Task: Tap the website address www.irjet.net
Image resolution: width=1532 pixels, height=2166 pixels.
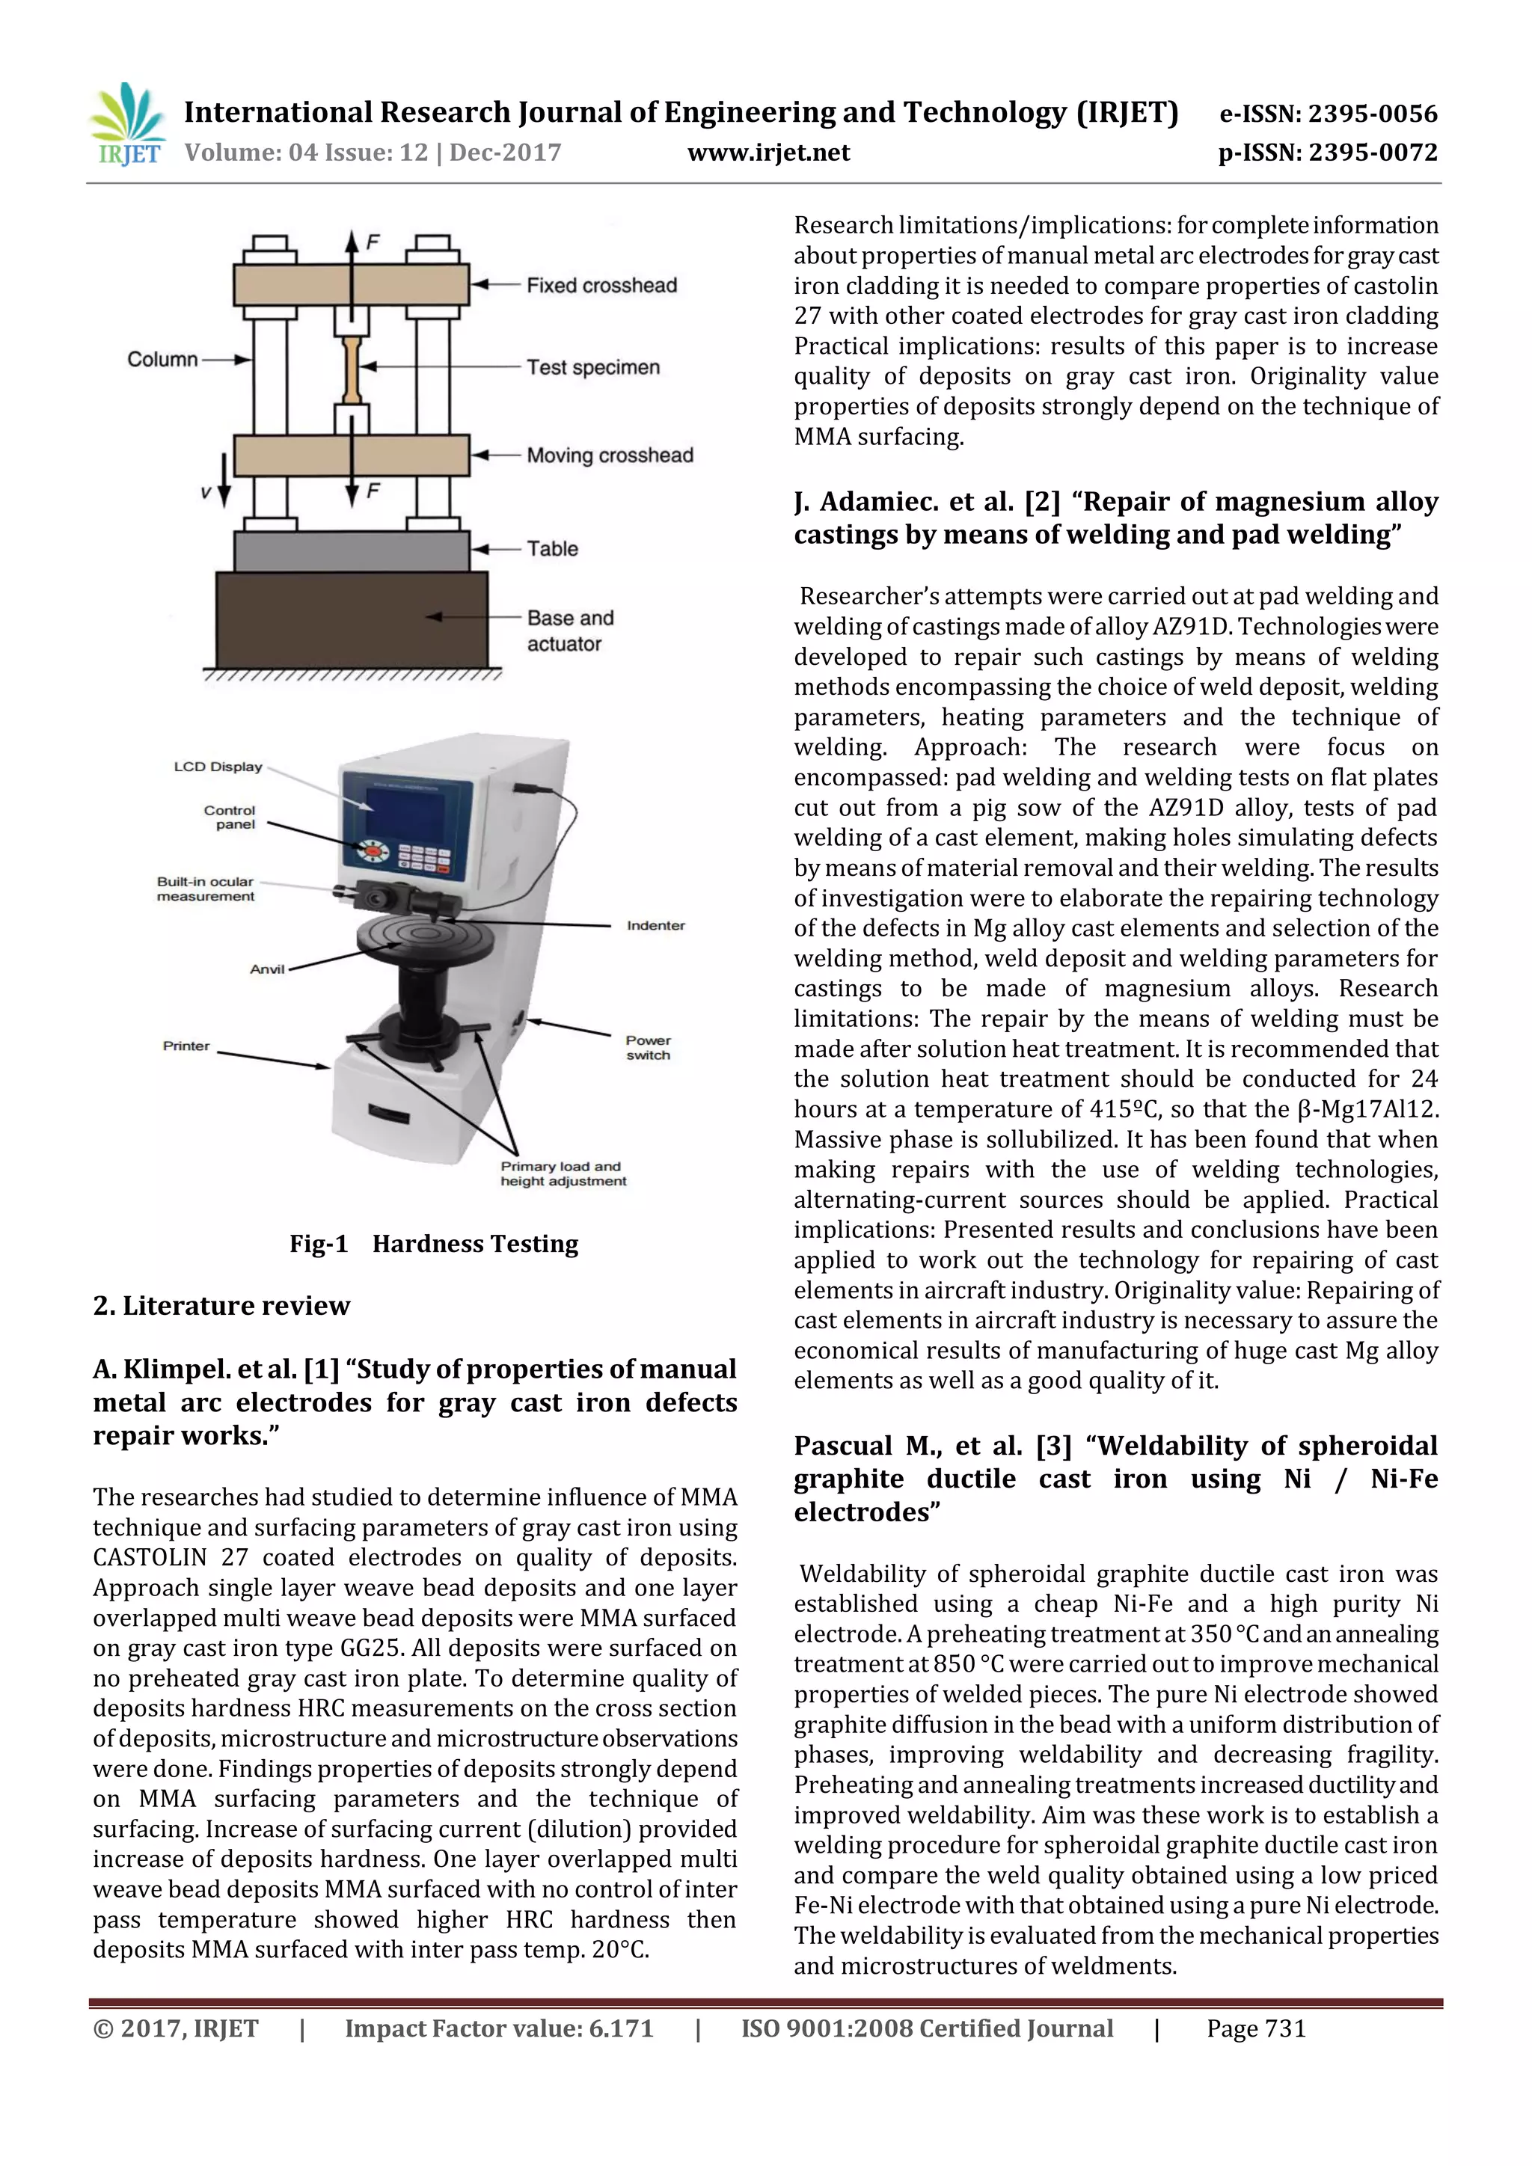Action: tap(768, 153)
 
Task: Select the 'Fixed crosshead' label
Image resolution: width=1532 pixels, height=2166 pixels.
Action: tap(601, 285)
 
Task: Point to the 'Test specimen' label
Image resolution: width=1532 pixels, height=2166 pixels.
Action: tap(592, 367)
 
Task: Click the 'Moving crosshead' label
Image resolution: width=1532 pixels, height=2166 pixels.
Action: tap(610, 455)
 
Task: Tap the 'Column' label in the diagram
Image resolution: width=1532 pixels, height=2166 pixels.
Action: tap(162, 360)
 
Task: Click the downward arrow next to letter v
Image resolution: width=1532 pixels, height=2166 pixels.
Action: tap(224, 480)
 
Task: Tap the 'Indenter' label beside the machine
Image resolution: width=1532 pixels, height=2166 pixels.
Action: tap(655, 925)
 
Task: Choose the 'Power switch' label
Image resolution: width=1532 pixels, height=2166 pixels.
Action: tap(648, 1047)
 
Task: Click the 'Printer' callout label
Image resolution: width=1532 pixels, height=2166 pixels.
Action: tap(186, 1046)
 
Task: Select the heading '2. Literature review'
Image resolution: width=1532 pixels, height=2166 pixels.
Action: tap(221, 1306)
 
